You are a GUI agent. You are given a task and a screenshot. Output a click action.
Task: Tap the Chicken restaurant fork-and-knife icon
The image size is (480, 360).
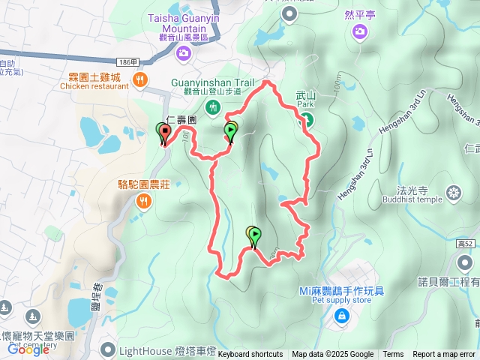tap(139, 79)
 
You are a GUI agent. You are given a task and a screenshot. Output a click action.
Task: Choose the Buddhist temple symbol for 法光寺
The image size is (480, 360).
tap(454, 193)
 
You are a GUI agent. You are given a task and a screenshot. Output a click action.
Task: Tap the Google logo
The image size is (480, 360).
tap(28, 349)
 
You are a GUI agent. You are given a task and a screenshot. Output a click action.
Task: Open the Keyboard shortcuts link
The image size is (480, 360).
tap(250, 355)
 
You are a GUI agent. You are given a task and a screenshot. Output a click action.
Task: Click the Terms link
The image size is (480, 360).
tap(393, 355)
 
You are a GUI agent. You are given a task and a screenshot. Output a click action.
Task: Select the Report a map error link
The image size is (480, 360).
tap(445, 355)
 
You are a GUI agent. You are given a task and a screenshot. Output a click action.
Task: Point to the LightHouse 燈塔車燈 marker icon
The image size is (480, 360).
tap(109, 350)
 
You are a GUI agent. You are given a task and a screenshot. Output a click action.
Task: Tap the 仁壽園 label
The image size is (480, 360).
tap(181, 119)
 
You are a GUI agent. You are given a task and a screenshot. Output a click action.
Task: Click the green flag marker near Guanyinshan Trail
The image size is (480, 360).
tap(232, 132)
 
